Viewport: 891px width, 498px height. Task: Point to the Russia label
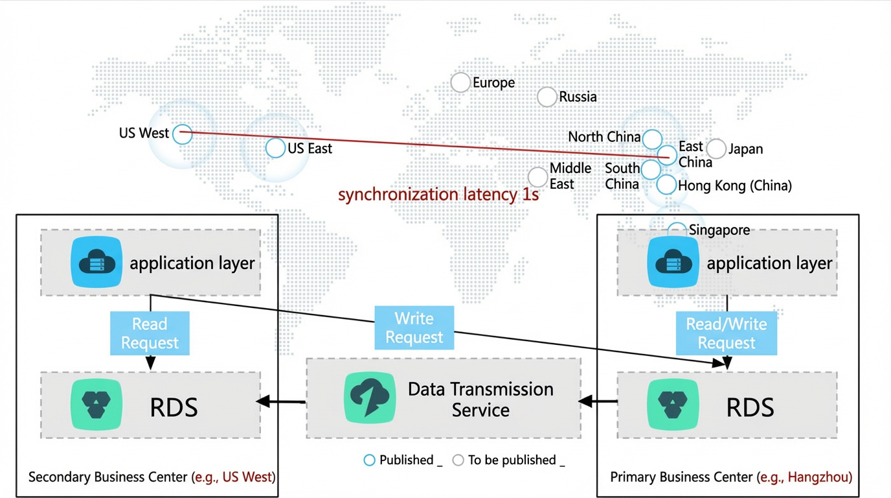pos(578,97)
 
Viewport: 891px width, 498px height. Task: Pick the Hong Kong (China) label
pos(735,185)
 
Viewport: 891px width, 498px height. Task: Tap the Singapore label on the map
pos(719,230)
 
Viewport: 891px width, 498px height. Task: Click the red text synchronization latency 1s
pos(438,195)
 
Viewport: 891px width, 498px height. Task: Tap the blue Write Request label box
pos(414,327)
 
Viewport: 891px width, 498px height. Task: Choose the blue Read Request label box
pos(150,333)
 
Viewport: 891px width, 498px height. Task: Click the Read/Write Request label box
pos(727,333)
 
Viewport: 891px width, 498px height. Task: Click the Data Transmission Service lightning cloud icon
pos(370,397)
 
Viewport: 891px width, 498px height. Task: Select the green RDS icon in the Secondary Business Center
pos(96,405)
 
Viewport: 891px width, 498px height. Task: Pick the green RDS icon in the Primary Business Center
pos(673,405)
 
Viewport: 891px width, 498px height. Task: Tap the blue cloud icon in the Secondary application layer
pos(96,262)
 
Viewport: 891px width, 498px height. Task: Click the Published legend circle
pos(369,460)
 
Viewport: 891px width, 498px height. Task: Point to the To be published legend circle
pos(458,460)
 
